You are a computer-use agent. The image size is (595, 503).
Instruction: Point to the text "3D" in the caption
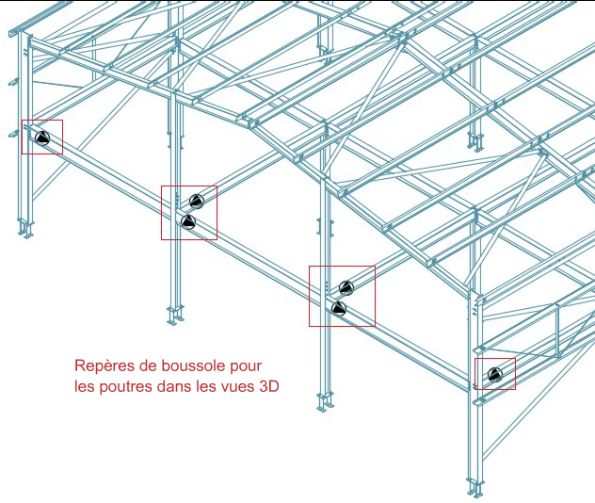click(268, 386)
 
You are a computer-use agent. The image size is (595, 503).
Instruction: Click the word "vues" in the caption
click(233, 386)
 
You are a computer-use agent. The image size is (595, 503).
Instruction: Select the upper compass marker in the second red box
click(196, 200)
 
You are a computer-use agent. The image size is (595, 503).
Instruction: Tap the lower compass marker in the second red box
click(187, 221)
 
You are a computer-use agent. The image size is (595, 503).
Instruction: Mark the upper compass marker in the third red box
click(346, 287)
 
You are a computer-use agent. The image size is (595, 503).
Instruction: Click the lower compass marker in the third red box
click(338, 308)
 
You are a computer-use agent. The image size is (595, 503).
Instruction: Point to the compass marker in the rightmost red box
click(495, 376)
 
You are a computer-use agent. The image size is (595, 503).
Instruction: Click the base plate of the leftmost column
click(25, 229)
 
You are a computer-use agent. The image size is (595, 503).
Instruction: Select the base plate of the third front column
click(325, 401)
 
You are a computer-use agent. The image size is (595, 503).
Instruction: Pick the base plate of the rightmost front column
click(476, 489)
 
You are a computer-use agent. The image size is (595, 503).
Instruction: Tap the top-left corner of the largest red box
click(310, 267)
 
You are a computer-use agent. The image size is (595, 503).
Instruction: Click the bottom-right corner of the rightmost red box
click(515, 389)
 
